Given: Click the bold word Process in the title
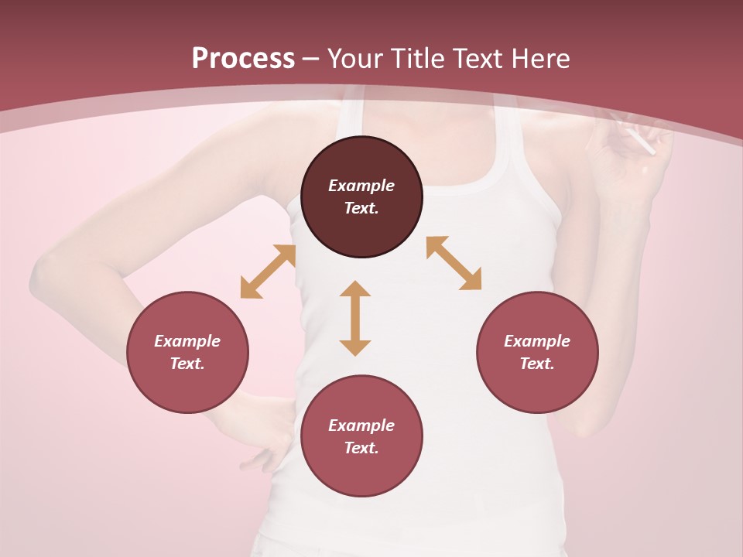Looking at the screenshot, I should point(243,59).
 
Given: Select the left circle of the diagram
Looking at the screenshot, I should point(187,352).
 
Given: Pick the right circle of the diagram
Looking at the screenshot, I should point(537,352).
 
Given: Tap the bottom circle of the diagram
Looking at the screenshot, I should point(361,436).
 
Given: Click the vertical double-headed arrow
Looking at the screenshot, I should point(355,318).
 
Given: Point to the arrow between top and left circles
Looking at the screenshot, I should point(268,272).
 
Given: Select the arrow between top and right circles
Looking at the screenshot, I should point(454,263).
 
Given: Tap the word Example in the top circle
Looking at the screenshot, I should point(361,186).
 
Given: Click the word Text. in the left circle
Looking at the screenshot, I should point(187,364).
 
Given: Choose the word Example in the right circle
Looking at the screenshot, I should point(537,341).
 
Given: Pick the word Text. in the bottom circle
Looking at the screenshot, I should point(361,448).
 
